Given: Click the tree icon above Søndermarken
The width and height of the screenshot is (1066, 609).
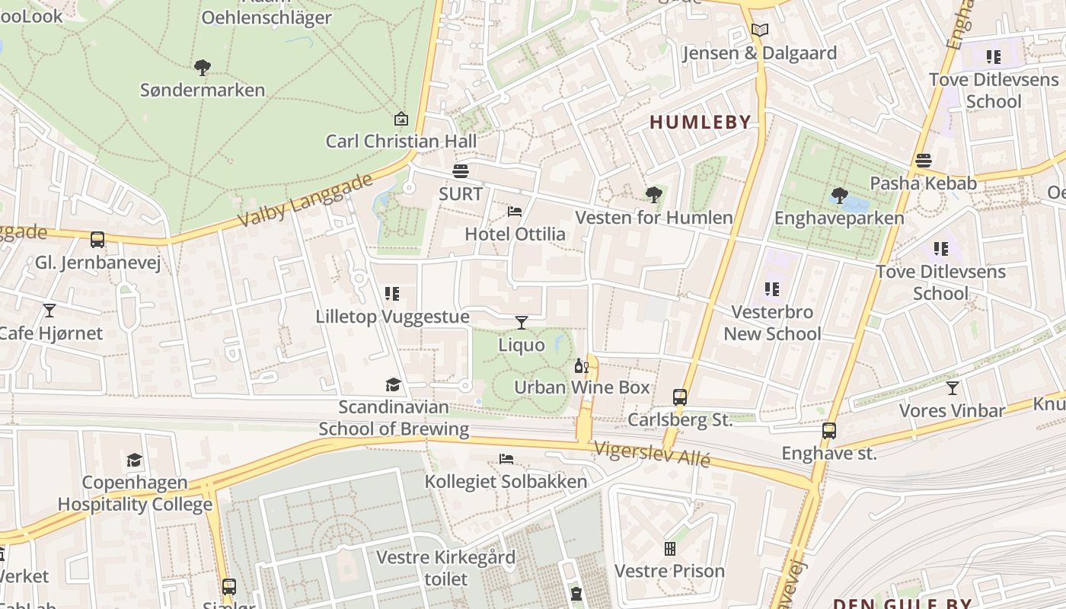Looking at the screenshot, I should [x=202, y=68].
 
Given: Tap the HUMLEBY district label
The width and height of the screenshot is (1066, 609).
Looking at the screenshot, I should [x=700, y=122].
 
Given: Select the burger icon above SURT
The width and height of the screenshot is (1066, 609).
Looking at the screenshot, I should [x=461, y=171].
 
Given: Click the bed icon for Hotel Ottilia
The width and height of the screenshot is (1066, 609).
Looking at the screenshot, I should [x=515, y=211].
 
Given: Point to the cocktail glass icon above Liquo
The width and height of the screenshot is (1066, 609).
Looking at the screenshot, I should [x=522, y=323].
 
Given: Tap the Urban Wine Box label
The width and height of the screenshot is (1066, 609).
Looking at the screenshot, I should [x=582, y=387].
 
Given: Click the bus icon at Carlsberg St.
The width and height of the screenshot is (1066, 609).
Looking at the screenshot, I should [x=680, y=397].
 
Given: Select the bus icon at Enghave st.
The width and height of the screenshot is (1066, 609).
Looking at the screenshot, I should [x=829, y=431].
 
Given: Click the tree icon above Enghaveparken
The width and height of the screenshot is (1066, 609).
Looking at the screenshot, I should [x=839, y=196].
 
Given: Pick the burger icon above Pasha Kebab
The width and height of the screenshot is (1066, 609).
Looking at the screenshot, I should [x=924, y=161].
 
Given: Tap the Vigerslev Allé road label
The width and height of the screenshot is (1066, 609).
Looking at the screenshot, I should [x=652, y=454].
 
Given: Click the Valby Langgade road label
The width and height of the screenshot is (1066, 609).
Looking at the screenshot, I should [x=305, y=200].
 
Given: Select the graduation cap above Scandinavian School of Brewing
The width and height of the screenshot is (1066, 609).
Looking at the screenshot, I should [x=393, y=384].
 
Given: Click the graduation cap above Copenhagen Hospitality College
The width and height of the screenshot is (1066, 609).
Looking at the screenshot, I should [x=135, y=460].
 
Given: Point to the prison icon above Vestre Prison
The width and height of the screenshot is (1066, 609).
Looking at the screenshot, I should [x=669, y=548].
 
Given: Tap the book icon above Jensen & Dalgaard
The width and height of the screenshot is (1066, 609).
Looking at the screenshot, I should [x=759, y=30].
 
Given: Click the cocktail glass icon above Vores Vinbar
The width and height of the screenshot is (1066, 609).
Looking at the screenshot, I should [x=952, y=388].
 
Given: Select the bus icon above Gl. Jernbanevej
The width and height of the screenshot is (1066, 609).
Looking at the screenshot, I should [x=97, y=240].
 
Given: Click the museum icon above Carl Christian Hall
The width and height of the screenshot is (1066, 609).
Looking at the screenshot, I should [x=401, y=119].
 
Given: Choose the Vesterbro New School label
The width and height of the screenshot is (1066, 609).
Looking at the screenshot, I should [x=772, y=323].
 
